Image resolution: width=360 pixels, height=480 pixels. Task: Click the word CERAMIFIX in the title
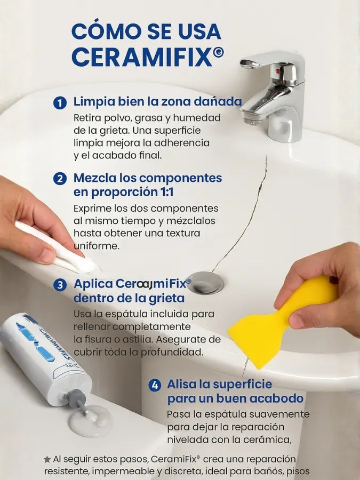pyautogui.click(x=142, y=57)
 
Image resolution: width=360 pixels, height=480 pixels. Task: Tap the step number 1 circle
pyautogui.click(x=60, y=103)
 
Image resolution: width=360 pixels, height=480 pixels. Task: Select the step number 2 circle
pyautogui.click(x=60, y=179)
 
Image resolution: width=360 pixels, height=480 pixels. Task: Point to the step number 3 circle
pyautogui.click(x=60, y=285)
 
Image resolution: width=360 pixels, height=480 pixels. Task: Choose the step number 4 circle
pyautogui.click(x=155, y=385)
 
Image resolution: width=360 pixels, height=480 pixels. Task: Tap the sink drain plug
pyautogui.click(x=205, y=282)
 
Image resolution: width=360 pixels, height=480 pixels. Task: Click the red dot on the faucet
pyautogui.click(x=278, y=71)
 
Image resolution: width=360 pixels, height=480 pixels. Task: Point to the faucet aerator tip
pyautogui.click(x=252, y=121)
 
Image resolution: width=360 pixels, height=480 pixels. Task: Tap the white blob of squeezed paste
pyautogui.click(x=90, y=421)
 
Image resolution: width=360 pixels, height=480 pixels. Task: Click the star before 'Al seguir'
pyautogui.click(x=47, y=459)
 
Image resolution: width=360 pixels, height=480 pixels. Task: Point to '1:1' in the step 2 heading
pyautogui.click(x=166, y=192)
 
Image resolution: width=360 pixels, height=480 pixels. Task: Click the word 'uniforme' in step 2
pyautogui.click(x=96, y=246)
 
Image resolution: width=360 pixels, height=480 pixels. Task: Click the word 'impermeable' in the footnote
pyautogui.click(x=125, y=471)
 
